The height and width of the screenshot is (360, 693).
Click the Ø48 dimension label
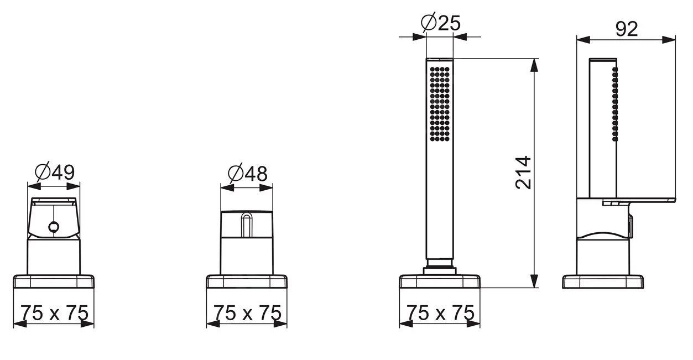248,174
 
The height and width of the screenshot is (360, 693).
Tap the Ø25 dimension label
441,22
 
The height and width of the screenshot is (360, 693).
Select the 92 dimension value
627,29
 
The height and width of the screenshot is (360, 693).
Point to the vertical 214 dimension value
523,173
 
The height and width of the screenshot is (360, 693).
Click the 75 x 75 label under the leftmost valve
54,312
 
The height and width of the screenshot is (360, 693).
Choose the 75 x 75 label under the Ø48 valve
247,312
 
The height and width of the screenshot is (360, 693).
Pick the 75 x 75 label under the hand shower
440,312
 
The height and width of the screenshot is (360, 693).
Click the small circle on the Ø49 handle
54,227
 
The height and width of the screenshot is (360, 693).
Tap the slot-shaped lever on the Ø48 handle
247,225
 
